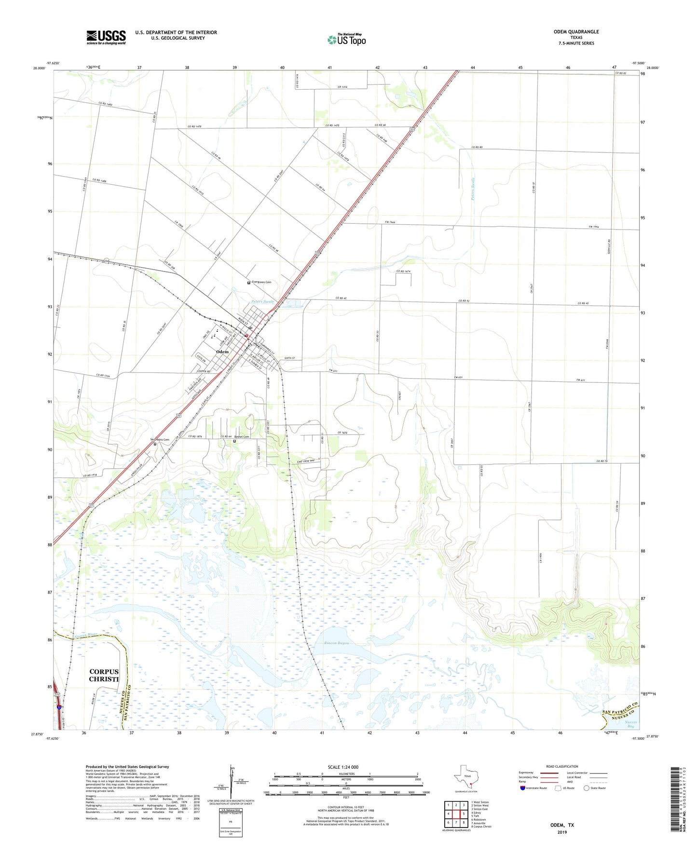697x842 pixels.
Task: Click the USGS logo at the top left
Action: point(106,37)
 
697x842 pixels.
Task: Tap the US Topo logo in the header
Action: point(346,40)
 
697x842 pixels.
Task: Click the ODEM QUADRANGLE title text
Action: point(576,32)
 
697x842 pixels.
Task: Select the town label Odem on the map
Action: point(222,352)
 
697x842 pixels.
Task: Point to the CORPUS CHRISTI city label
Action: point(104,675)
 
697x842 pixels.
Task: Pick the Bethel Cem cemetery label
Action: point(242,437)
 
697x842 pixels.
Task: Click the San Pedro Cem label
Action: point(159,440)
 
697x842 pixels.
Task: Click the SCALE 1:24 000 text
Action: point(343,767)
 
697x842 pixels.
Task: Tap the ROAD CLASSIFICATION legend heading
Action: point(562,766)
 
